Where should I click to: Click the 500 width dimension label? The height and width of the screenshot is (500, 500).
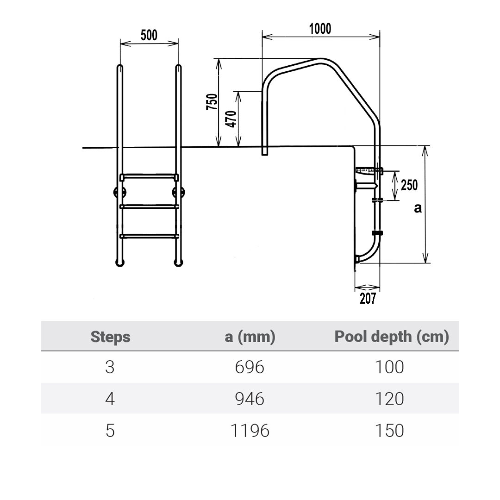tap(149, 35)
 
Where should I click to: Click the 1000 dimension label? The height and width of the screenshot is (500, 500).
tap(320, 29)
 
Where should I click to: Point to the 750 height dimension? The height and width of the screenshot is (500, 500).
tap(212, 102)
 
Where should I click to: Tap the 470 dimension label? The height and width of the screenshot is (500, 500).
tap(231, 119)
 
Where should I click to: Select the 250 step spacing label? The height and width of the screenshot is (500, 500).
tap(409, 185)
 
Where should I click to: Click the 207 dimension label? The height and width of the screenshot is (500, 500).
tap(368, 298)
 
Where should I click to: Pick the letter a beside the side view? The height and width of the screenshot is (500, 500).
tap(418, 208)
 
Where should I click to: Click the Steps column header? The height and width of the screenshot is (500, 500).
tap(110, 337)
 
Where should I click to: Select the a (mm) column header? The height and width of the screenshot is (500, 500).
tap(250, 337)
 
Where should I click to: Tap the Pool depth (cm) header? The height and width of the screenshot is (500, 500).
tap(392, 337)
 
